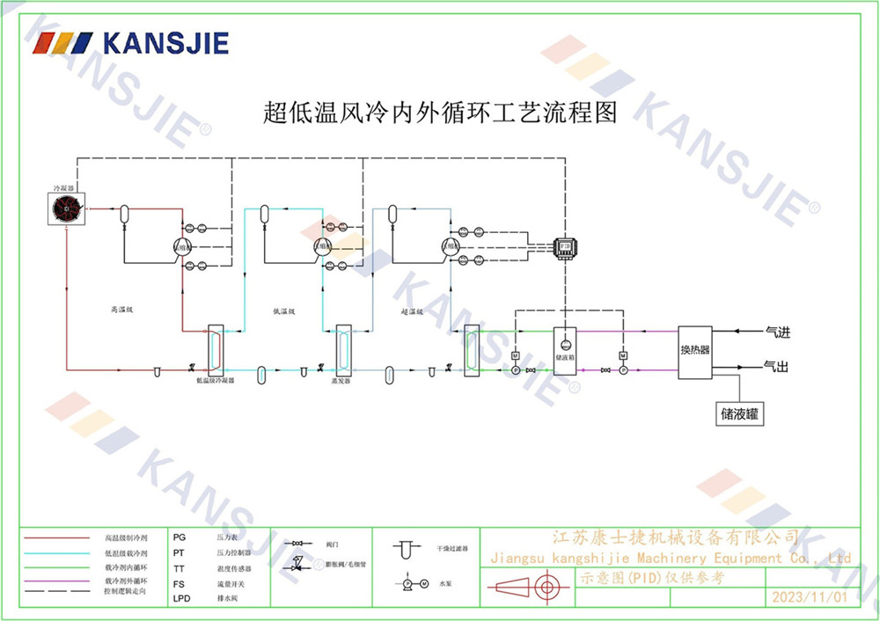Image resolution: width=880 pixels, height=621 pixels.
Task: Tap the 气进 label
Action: pyautogui.click(x=778, y=332)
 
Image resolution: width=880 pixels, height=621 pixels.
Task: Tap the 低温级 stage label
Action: pyautogui.click(x=283, y=311)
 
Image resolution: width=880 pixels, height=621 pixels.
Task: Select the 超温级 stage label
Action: pyautogui.click(x=412, y=311)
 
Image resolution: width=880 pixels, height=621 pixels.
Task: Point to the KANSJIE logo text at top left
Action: pyautogui.click(x=165, y=43)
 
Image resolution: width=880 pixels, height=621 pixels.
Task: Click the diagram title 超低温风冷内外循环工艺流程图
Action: pyautogui.click(x=440, y=113)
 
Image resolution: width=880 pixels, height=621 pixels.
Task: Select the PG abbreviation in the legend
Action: pyautogui.click(x=180, y=537)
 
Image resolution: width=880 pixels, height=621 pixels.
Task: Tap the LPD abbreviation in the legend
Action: pyautogui.click(x=181, y=598)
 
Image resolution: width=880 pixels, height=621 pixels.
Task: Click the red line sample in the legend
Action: pyautogui.click(x=56, y=537)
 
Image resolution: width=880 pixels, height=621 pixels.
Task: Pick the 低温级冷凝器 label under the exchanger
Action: pyautogui.click(x=215, y=382)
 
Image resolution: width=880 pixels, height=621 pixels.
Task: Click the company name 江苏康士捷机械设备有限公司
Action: pyautogui.click(x=674, y=537)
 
